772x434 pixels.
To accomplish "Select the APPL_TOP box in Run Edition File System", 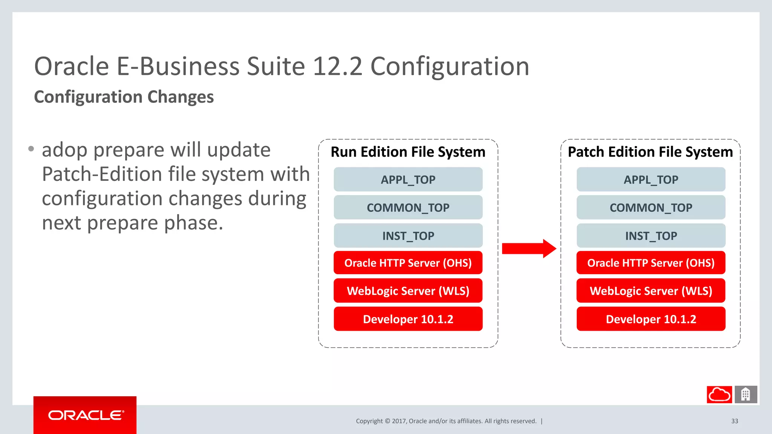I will (x=408, y=180).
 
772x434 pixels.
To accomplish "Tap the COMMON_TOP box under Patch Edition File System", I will (x=651, y=208).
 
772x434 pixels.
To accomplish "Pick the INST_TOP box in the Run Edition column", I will (x=408, y=236).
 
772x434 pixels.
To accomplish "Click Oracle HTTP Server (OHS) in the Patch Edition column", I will (x=651, y=263).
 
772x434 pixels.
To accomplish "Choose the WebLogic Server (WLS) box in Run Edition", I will (x=408, y=291).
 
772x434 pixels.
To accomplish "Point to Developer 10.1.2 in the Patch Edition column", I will (x=651, y=319).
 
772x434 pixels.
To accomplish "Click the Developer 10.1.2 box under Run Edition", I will (x=408, y=319).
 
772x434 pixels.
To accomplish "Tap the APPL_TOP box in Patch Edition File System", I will (x=651, y=180).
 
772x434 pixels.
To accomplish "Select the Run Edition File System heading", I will (x=408, y=152).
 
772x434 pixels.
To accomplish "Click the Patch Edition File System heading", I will (x=650, y=152).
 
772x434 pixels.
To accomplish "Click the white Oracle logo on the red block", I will (x=86, y=415).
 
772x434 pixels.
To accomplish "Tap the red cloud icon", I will (x=719, y=394).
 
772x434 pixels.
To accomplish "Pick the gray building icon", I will (x=746, y=394).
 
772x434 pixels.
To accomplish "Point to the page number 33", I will (x=735, y=421).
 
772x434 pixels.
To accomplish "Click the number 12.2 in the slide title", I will (x=337, y=67).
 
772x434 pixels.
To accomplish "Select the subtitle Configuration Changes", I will (x=124, y=97).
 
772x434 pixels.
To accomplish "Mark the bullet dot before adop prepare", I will (x=31, y=149).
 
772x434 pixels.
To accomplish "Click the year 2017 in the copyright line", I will (x=399, y=421).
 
